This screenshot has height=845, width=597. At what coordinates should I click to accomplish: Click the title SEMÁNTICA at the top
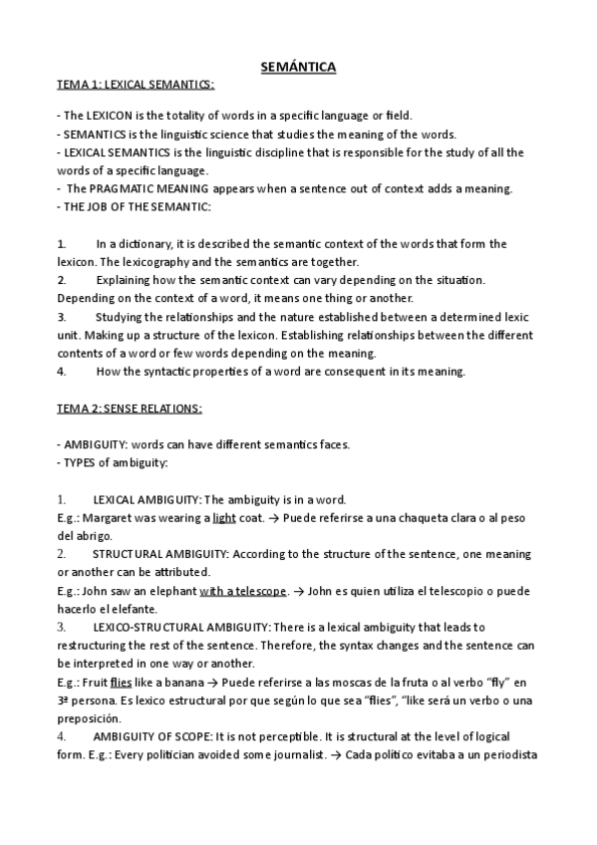pyautogui.click(x=298, y=67)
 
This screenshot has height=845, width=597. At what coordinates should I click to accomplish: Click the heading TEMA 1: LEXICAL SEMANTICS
pyautogui.click(x=136, y=87)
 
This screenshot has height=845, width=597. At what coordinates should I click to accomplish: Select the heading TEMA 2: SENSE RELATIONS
pyautogui.click(x=130, y=409)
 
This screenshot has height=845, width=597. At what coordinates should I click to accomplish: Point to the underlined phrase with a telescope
pyautogui.click(x=243, y=591)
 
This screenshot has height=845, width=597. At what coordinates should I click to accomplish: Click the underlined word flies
pyautogui.click(x=121, y=683)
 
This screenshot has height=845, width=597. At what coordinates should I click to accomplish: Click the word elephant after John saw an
pyautogui.click(x=172, y=591)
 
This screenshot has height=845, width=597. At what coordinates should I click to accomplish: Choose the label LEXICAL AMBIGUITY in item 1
pyautogui.click(x=147, y=499)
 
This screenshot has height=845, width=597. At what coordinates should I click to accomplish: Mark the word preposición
pyautogui.click(x=89, y=718)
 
